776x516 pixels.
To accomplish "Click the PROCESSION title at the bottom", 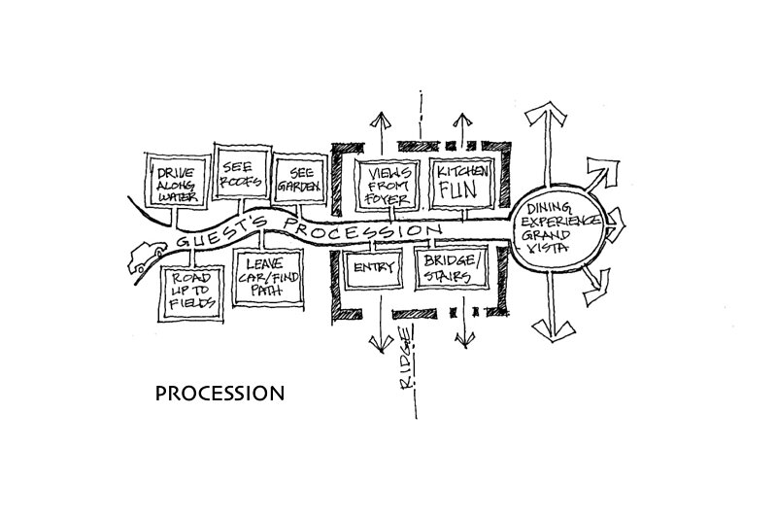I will point(219,395).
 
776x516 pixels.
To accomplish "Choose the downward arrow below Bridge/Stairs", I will point(463,335).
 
